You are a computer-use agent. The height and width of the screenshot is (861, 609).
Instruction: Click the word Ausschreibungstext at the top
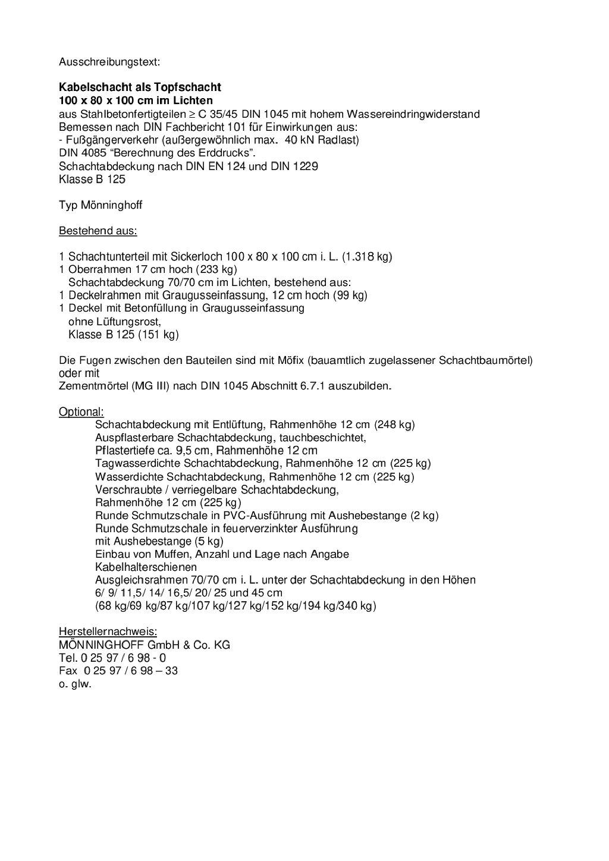pyautogui.click(x=109, y=61)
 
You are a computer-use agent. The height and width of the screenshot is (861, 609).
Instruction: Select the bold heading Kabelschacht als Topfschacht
pyautogui.click(x=140, y=87)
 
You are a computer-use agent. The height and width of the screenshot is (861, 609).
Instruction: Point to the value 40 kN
pyautogui.click(x=298, y=140)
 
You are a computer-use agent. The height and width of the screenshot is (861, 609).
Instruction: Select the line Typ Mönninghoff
pyautogui.click(x=101, y=205)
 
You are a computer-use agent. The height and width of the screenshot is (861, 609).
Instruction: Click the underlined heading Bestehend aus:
pyautogui.click(x=98, y=231)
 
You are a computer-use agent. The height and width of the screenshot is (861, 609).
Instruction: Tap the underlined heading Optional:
pyautogui.click(x=81, y=411)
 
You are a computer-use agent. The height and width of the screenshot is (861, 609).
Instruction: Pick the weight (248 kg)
pyautogui.click(x=394, y=425)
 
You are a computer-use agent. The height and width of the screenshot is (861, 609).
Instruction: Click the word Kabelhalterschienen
pyautogui.click(x=146, y=567)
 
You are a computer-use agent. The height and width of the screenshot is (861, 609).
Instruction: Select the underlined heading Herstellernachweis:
pyautogui.click(x=108, y=631)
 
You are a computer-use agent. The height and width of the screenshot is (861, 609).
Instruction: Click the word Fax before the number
pyautogui.click(x=68, y=671)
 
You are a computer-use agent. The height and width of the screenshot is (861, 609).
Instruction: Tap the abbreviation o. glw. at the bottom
pyautogui.click(x=75, y=684)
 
